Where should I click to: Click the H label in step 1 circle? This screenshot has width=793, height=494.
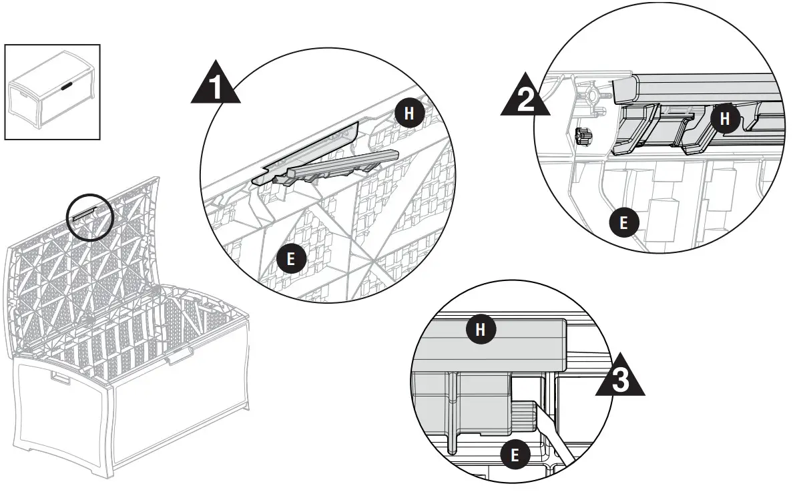tap(410, 113)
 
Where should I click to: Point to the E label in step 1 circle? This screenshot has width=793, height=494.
tap(290, 259)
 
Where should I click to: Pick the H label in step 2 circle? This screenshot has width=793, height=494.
tap(724, 119)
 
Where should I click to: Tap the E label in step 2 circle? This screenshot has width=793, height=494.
tap(623, 222)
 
